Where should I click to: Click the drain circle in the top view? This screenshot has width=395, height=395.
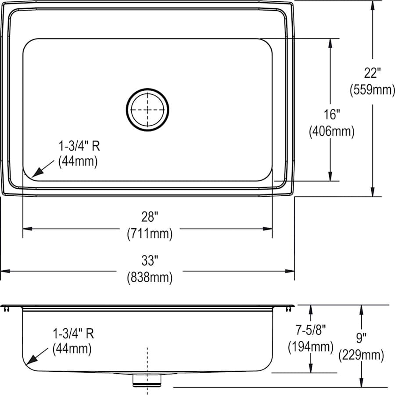[x=148, y=109]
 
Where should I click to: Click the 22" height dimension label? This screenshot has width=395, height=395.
[x=372, y=72]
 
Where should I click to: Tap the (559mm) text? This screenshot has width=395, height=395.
[x=372, y=90]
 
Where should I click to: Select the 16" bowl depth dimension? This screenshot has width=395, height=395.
[x=331, y=115]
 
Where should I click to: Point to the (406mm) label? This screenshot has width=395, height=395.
[x=331, y=131]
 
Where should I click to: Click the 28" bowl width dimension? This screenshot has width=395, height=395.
[x=149, y=217]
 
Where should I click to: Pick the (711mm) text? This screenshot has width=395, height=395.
[x=149, y=233]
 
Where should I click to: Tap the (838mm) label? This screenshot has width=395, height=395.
[x=149, y=277]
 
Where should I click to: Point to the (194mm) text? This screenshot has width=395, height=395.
[x=311, y=347]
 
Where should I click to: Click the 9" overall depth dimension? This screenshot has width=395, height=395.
[x=361, y=338]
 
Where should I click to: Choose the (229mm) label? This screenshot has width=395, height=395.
[x=361, y=355]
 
